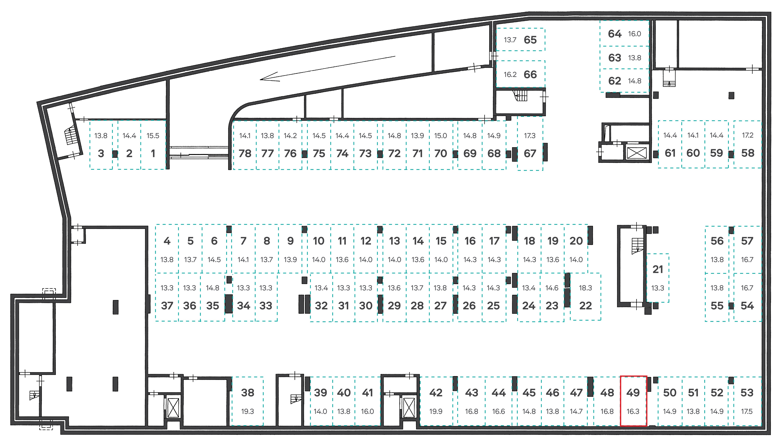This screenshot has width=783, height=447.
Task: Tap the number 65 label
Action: click(530, 40)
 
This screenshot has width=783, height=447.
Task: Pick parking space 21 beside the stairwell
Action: click(658, 278)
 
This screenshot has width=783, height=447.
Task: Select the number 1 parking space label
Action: click(153, 153)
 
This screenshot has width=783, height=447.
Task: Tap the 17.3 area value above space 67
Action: click(530, 136)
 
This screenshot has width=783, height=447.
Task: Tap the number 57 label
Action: click(747, 241)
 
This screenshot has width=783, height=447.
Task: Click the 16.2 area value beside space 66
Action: click(510, 75)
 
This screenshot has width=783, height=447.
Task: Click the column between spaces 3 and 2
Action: click(115, 154)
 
